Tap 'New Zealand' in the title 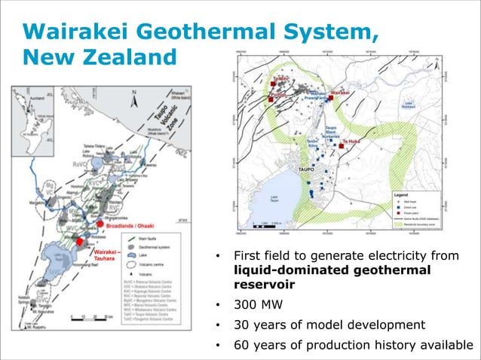[x=99, y=56]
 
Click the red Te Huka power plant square [x=342, y=146]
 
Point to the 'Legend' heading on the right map [x=405, y=194]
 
